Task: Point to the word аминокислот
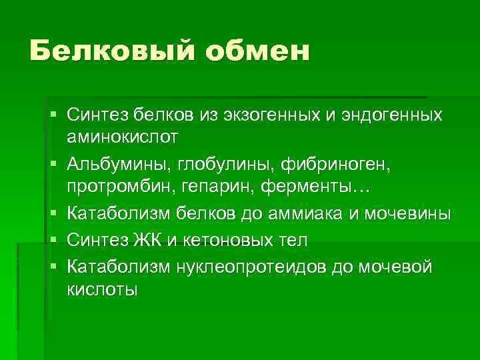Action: [x=122, y=138]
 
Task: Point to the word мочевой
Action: [x=396, y=267]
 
